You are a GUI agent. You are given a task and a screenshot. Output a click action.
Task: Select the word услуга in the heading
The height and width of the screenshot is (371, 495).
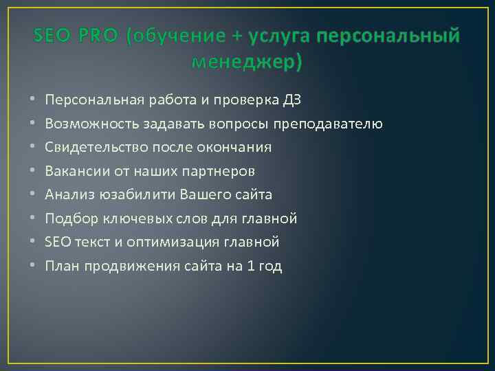(x=279, y=36)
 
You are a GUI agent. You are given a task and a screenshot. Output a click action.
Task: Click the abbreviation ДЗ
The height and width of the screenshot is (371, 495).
(x=291, y=100)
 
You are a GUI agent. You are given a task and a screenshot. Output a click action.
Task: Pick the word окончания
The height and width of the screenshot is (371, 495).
(x=234, y=148)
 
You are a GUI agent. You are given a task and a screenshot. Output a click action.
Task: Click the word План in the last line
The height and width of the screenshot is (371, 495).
(x=62, y=267)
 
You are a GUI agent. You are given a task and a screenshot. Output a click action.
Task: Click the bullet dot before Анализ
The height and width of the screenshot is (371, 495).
(x=33, y=195)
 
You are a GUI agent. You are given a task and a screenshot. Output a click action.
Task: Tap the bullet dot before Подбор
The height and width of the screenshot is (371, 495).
(x=33, y=219)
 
